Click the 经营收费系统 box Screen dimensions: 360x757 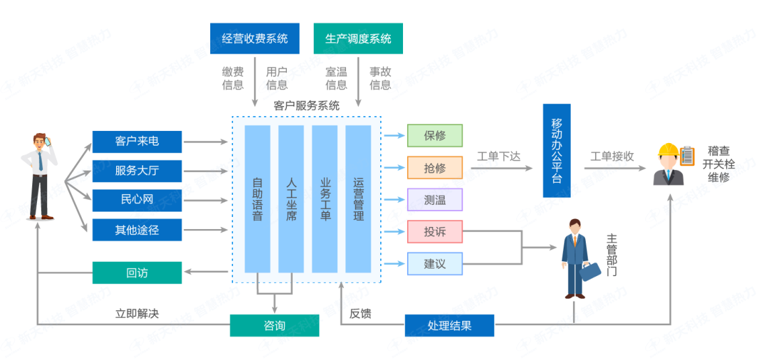click(x=255, y=38)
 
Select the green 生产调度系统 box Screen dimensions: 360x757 click(x=358, y=38)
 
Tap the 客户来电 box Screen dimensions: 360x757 click(x=137, y=142)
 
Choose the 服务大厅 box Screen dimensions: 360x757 click(x=137, y=171)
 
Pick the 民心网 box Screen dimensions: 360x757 click(x=137, y=200)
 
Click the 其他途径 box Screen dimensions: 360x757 click(x=137, y=230)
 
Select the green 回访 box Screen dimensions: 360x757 click(x=137, y=273)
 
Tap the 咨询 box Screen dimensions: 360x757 click(x=274, y=326)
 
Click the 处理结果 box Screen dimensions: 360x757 click(x=449, y=326)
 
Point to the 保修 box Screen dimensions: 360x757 click(x=435, y=136)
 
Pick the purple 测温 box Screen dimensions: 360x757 click(x=435, y=200)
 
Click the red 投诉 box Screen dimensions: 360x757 click(x=435, y=232)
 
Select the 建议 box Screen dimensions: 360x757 click(x=435, y=264)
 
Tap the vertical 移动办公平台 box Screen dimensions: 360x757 click(x=556, y=150)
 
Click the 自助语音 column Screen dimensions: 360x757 click(x=257, y=198)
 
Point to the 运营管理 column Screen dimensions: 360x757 click(x=358, y=198)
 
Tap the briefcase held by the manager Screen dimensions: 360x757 click(x=591, y=271)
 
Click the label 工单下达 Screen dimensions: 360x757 click(x=498, y=156)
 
